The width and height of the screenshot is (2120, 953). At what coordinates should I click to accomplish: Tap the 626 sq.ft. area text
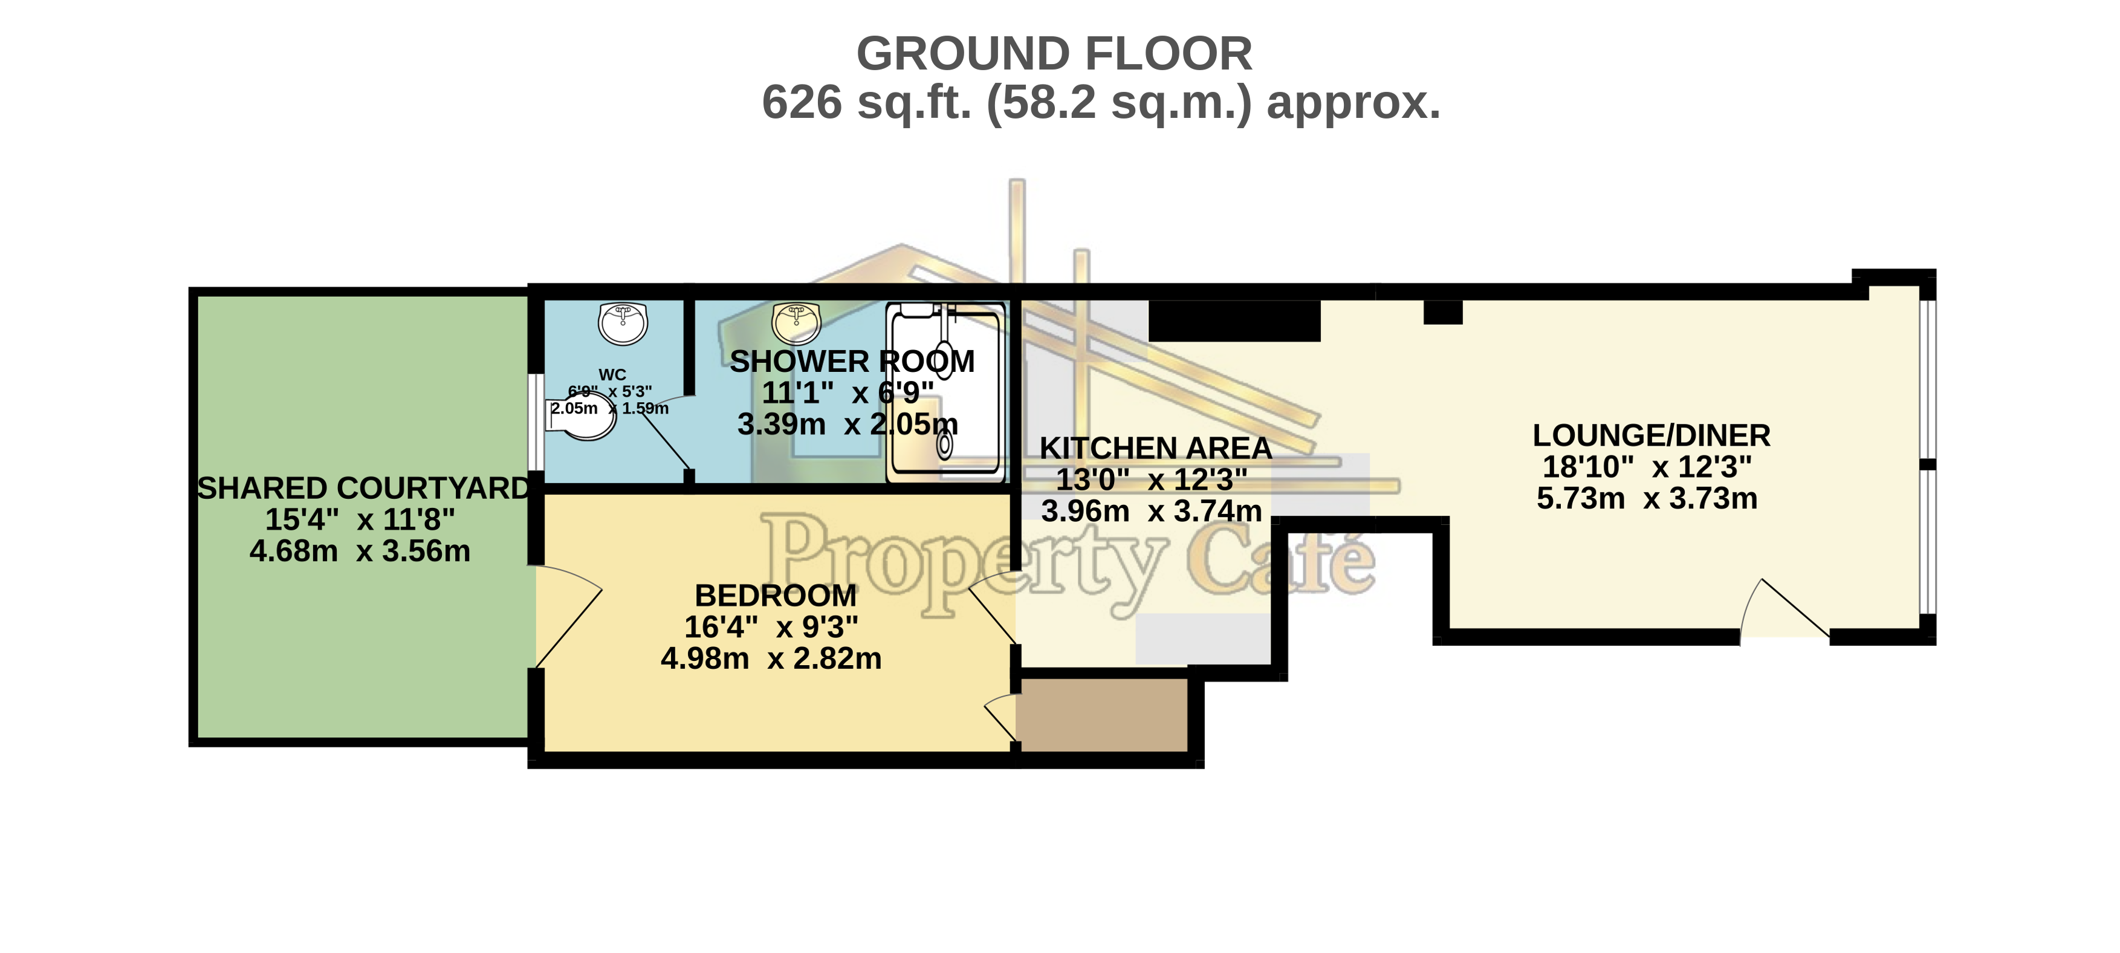[1101, 103]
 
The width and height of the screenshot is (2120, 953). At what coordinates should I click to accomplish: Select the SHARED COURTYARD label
[364, 488]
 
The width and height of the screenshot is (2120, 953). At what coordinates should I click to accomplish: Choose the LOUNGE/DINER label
[1651, 435]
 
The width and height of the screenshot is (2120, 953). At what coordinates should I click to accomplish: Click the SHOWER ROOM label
[852, 361]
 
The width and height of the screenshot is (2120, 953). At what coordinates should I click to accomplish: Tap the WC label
[612, 374]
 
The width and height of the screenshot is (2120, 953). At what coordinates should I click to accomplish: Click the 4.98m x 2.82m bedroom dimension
[771, 659]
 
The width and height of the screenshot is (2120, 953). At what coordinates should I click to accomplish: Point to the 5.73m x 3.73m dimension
[1647, 498]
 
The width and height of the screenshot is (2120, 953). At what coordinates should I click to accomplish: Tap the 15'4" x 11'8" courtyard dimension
[360, 519]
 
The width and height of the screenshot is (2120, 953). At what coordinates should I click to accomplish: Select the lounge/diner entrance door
[1784, 608]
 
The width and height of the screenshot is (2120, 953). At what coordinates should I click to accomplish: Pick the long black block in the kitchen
[1234, 320]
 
